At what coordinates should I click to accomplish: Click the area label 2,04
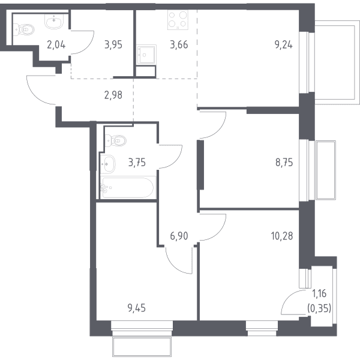56,44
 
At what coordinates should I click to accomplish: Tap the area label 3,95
113,44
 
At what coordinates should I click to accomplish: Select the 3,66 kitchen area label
179,44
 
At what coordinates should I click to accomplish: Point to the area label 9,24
284,44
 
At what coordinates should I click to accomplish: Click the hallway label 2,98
113,95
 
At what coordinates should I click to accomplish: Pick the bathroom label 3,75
137,163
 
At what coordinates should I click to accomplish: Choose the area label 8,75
284,163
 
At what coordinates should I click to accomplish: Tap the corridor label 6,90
179,236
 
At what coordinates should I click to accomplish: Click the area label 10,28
282,236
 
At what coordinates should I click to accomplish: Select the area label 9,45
137,308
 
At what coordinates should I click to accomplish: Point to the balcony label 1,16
319,293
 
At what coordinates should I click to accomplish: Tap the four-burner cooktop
178,20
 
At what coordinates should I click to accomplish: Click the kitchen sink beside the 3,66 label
146,55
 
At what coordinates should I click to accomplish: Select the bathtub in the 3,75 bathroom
128,187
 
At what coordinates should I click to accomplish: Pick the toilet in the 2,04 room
23,30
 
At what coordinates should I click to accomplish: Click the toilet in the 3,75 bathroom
116,140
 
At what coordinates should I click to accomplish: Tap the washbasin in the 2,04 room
54,22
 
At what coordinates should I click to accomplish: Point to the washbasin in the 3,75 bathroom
107,164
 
